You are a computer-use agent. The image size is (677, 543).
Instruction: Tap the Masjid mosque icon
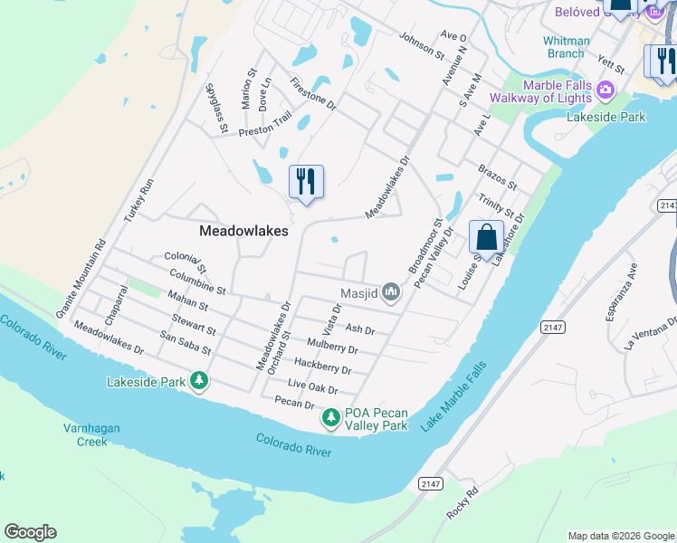[x=391, y=291]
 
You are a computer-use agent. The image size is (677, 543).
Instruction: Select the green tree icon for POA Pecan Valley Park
[x=331, y=418]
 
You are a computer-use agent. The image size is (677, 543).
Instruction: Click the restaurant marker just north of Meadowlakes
[x=306, y=182]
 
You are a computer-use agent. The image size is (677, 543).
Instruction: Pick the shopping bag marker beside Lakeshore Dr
[x=486, y=238]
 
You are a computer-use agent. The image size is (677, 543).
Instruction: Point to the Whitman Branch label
[x=566, y=47]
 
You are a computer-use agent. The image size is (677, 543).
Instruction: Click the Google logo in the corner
[x=30, y=532]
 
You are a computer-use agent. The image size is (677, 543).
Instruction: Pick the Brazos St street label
[x=498, y=177]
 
